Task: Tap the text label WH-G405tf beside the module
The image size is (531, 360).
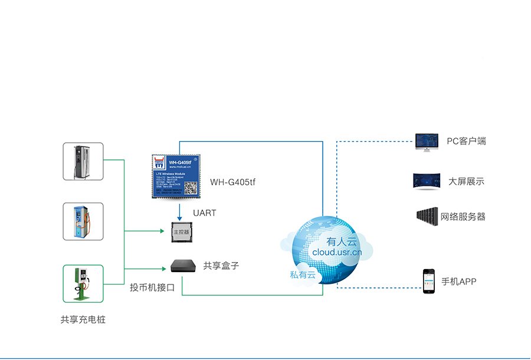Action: [x=232, y=182]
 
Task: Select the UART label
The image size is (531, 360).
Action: [x=204, y=212]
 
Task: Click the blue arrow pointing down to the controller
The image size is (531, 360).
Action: [x=179, y=211]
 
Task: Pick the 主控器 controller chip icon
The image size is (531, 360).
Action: [x=179, y=232]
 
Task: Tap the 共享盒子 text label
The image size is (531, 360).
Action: [x=221, y=266]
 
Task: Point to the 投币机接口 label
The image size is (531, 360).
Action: [x=152, y=288]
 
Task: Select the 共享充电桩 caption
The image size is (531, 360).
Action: [x=83, y=319]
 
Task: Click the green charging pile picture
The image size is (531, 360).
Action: [x=83, y=283]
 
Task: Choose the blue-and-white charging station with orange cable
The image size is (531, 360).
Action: [x=83, y=221]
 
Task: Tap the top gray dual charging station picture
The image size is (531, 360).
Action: [x=83, y=161]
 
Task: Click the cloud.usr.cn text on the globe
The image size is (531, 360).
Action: [x=337, y=252]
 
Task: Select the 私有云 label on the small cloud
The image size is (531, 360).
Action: [x=303, y=274]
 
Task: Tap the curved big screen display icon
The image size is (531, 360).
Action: [x=427, y=181]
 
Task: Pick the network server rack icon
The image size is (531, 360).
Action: [x=427, y=216]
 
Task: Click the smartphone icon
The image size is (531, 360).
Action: [x=428, y=281]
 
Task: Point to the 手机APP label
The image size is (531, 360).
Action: [x=458, y=282]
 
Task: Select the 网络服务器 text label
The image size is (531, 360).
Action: [x=463, y=217]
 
